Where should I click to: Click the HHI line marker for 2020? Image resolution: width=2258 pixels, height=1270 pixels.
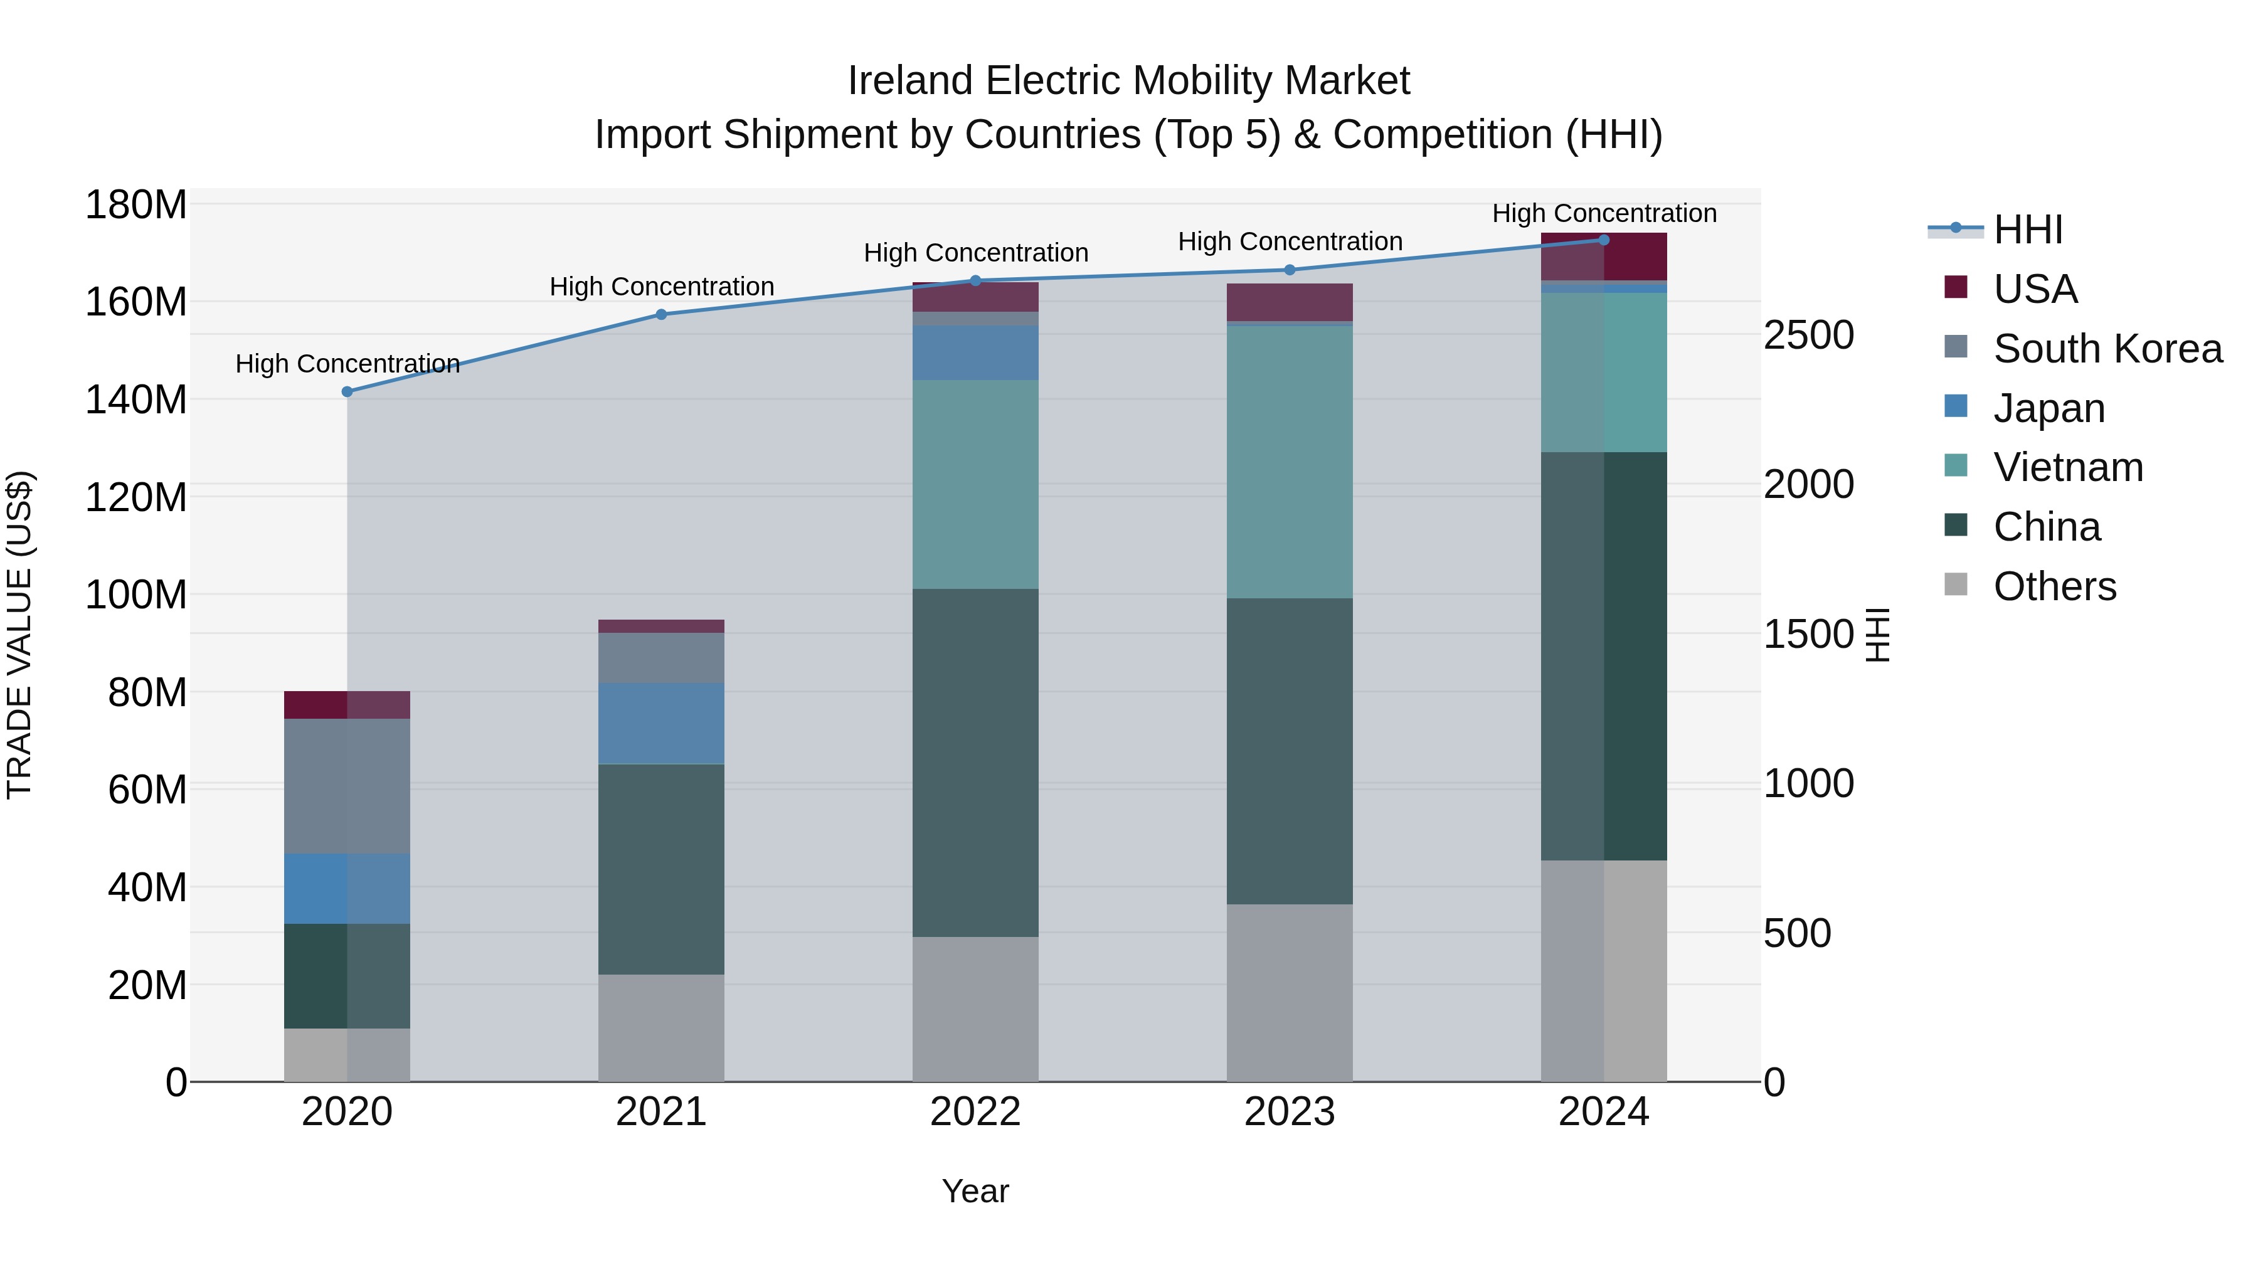coord(347,392)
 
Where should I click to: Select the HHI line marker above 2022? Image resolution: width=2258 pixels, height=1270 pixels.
coord(975,280)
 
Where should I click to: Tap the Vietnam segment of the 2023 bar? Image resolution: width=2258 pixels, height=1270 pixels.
coord(1290,462)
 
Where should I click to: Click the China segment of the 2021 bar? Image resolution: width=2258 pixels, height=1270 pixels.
coord(661,869)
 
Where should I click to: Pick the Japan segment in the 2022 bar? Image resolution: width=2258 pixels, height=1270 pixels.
coord(975,352)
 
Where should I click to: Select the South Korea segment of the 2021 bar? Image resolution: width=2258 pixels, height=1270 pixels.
coord(661,657)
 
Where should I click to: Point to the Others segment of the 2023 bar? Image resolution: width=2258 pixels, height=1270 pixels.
coord(1290,992)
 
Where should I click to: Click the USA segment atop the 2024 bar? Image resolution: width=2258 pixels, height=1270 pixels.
coord(1604,257)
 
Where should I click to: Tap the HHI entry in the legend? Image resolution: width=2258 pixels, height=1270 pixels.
coord(2027,230)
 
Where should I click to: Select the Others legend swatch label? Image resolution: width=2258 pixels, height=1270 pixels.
coord(2054,586)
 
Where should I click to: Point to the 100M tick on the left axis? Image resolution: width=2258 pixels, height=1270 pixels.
coord(136,595)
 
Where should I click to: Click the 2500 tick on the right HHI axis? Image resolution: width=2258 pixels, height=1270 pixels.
coord(1808,336)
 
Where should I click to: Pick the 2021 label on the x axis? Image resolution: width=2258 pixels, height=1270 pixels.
coord(661,1112)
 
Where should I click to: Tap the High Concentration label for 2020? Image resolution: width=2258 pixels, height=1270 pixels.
coord(347,364)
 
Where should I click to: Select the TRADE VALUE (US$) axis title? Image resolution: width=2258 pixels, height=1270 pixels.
coord(19,635)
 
